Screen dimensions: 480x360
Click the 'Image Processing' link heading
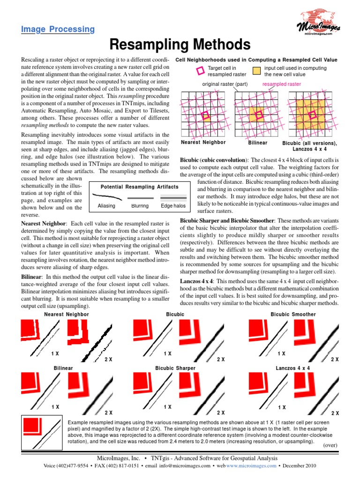[58, 30]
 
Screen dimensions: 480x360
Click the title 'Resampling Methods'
[180, 45]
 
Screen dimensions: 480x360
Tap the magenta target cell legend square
[200, 71]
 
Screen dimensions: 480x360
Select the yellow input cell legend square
[256, 71]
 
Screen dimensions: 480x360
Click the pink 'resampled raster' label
[282, 84]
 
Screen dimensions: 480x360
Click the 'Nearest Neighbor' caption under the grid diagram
[203, 142]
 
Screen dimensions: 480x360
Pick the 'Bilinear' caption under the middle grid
[257, 142]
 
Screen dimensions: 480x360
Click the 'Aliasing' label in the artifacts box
[106, 206]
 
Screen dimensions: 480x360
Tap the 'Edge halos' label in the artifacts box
[173, 206]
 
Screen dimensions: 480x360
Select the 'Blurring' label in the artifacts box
[140, 206]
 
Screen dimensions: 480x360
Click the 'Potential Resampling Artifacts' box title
[140, 187]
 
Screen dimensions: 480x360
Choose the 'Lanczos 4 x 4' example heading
[293, 368]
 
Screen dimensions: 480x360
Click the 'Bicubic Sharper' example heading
[175, 368]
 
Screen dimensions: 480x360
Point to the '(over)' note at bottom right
[330, 445]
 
